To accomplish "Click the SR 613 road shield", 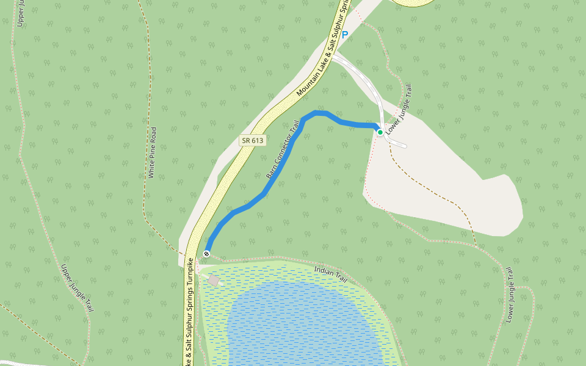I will click(253, 140).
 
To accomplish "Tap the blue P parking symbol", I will click(345, 35).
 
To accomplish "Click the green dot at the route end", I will click(380, 132).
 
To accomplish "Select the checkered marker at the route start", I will click(207, 253).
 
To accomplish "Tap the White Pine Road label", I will click(153, 152).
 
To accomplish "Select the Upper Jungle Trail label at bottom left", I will click(78, 288).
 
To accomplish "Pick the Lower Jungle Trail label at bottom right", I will click(510, 295).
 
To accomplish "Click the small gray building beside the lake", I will click(214, 280).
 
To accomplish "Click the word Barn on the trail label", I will click(271, 173).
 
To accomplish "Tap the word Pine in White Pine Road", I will click(153, 152).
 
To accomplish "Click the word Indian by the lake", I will click(324, 270).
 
